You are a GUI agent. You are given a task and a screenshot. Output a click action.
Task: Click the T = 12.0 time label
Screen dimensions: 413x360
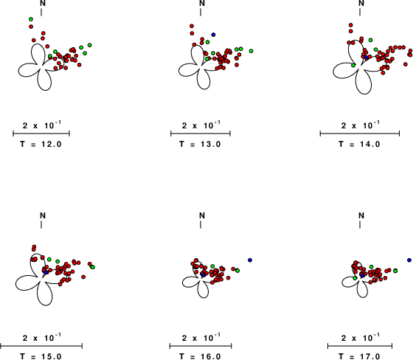pos(41,144)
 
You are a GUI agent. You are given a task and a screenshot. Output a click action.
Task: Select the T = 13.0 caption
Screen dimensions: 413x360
pos(200,144)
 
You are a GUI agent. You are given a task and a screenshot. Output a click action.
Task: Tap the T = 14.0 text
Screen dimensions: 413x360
pos(360,144)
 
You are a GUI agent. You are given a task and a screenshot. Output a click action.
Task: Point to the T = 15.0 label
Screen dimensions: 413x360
pos(41,356)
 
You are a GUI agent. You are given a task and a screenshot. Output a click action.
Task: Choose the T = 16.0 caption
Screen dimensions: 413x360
pos(200,356)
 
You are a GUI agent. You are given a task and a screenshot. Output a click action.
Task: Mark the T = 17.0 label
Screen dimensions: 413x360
pos(360,356)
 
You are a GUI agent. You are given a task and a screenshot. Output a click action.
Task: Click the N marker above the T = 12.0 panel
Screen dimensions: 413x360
pos(43,3)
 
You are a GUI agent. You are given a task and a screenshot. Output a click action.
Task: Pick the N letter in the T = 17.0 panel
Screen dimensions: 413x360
pos(361,215)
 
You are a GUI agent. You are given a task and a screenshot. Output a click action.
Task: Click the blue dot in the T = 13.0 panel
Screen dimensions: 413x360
pos(213,35)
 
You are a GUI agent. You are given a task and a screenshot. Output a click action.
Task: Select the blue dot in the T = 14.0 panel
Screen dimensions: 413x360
pos(366,57)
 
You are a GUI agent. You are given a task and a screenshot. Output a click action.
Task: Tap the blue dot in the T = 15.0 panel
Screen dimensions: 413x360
pos(46,272)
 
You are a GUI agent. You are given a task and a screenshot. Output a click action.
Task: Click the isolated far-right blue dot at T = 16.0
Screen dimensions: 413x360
pos(250,260)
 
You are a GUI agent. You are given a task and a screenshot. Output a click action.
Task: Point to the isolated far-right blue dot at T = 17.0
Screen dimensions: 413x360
pos(409,260)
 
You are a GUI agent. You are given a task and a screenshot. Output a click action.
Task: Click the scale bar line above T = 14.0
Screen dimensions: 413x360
pos(360,134)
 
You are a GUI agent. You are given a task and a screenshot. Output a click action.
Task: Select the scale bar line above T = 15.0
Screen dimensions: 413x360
pos(41,346)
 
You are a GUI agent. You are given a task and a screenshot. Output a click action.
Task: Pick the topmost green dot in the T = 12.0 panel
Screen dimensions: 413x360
pos(31,19)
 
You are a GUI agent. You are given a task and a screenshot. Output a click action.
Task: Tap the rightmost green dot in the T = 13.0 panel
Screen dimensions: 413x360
pos(251,51)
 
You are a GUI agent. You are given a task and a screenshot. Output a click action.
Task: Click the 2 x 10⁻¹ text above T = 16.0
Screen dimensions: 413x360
pos(201,337)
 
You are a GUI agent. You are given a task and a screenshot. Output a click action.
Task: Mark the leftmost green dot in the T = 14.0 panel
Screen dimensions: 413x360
pos(353,65)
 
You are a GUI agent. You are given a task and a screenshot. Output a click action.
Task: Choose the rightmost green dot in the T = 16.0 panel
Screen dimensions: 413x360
pos(237,271)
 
